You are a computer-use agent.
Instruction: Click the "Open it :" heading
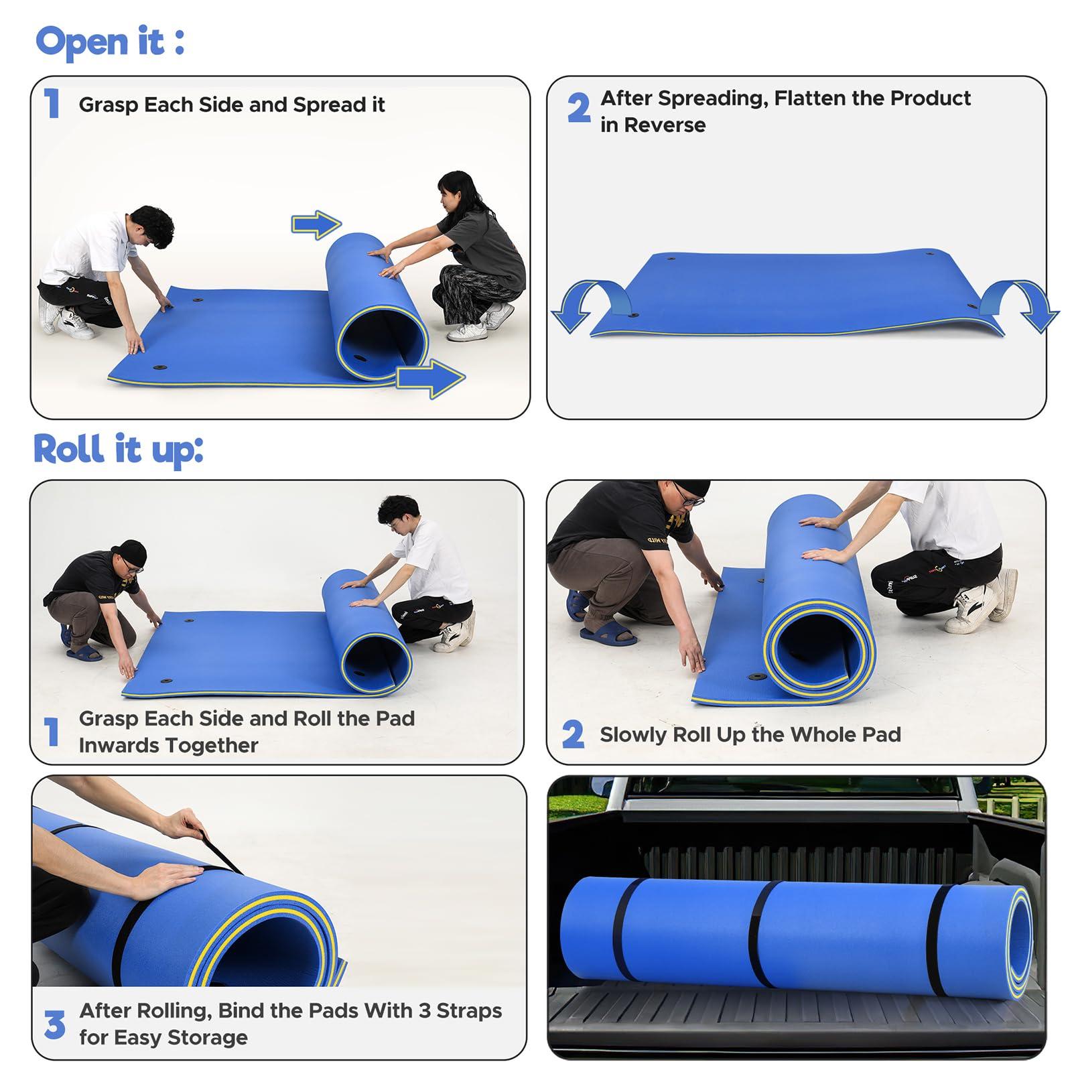point(110,42)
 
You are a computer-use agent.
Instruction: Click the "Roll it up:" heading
point(118,449)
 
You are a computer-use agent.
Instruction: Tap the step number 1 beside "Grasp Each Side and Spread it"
point(52,104)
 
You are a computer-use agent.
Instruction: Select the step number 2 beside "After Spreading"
point(579,108)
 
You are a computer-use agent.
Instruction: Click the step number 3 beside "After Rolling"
point(54,1025)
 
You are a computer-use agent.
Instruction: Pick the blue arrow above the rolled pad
point(316,224)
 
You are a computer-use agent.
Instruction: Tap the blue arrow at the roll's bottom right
point(430,379)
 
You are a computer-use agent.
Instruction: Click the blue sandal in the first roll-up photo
point(84,652)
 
